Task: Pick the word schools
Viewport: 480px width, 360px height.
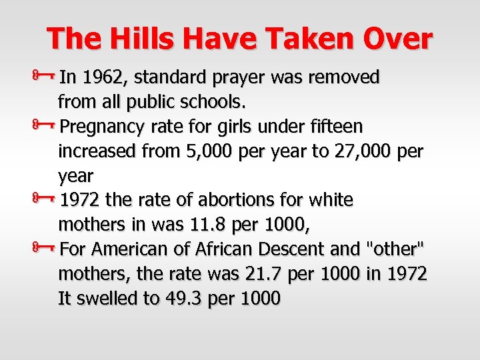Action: (x=217, y=102)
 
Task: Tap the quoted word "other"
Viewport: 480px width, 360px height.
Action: (x=395, y=249)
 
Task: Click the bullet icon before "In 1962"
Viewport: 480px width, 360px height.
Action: (x=47, y=77)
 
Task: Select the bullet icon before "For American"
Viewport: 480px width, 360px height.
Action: (x=47, y=249)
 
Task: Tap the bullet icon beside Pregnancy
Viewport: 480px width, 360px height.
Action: (x=47, y=126)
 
